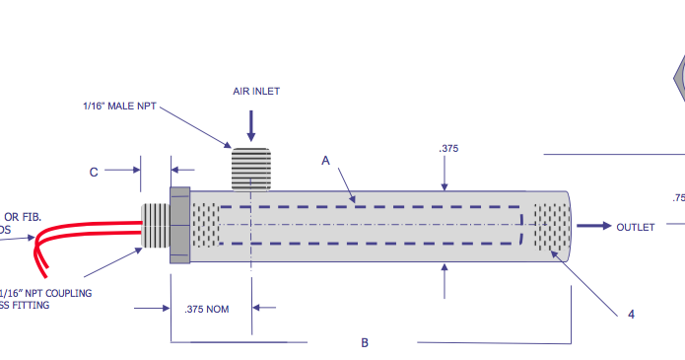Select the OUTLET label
point(635,227)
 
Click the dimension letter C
point(94,172)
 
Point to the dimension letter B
point(365,342)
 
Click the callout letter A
point(325,159)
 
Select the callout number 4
point(631,315)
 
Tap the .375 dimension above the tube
point(448,150)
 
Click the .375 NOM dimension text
point(207,309)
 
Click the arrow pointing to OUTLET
point(593,226)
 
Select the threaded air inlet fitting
point(250,168)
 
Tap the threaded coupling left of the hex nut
point(157,225)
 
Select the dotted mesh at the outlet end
point(552,226)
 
